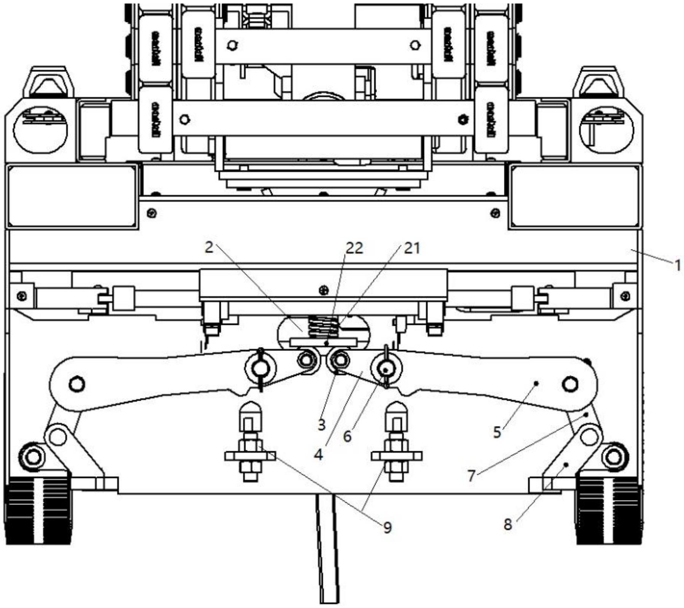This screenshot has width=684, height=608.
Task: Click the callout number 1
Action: (677, 265)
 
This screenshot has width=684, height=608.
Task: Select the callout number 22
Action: (354, 248)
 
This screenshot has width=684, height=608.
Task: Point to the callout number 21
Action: (412, 248)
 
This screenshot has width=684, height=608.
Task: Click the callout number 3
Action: (322, 425)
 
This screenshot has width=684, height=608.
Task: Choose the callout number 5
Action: (497, 432)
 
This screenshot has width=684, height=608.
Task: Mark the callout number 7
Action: (472, 476)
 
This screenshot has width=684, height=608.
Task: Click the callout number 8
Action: (508, 524)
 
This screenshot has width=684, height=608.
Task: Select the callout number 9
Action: (387, 527)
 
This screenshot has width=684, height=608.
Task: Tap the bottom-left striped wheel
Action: (38, 510)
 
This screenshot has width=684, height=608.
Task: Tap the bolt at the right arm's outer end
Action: (569, 384)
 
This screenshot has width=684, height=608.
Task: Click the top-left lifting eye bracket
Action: (48, 82)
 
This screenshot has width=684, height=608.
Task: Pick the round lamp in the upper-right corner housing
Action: (606, 130)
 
